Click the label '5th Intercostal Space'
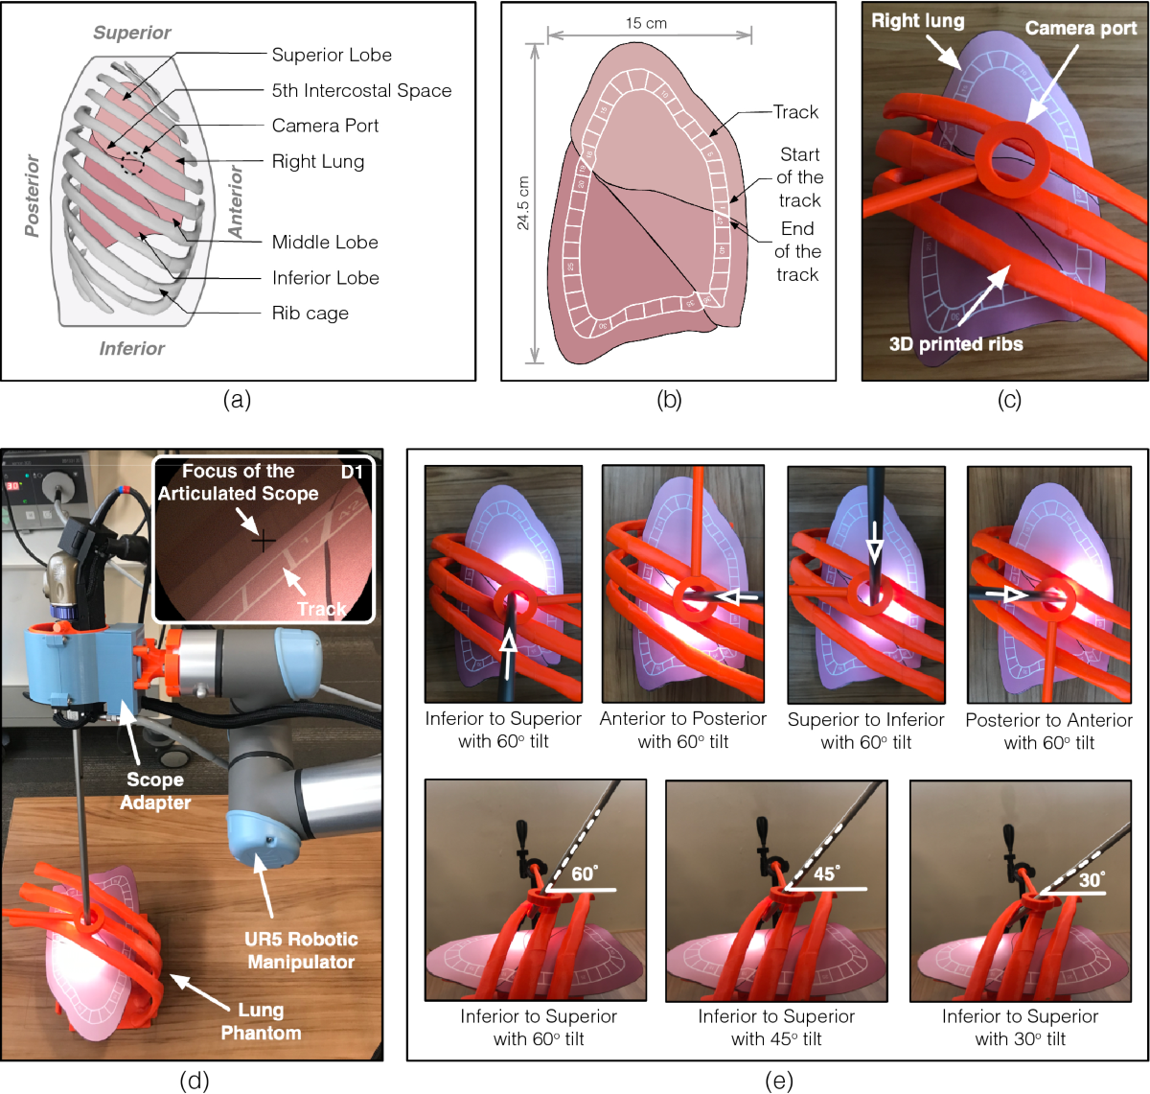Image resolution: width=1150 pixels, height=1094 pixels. pos(361,90)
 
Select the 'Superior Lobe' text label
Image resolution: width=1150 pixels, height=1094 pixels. pos(332,55)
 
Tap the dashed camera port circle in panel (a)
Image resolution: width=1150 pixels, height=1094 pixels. pos(133,164)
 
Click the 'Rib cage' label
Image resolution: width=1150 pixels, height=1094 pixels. pos(310,314)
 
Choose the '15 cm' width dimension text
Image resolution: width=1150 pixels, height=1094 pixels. pos(646,23)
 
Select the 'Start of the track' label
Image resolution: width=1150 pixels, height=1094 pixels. pos(799,177)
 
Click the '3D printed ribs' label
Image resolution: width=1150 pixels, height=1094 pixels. pos(955,344)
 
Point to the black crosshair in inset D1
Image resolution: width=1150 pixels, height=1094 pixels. pos(263,542)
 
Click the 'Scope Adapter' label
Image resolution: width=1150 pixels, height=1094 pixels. pos(155,791)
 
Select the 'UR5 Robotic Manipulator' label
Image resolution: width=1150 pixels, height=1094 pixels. pos(301,950)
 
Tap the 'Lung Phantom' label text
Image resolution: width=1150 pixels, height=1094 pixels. pos(261,1021)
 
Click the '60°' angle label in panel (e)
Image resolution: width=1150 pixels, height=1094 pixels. pos(584,873)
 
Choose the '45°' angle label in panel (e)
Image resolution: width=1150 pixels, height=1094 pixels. pos(825,873)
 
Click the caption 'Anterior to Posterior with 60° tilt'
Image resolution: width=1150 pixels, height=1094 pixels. pos(683,730)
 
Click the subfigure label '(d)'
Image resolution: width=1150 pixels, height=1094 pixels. pos(195,1082)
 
